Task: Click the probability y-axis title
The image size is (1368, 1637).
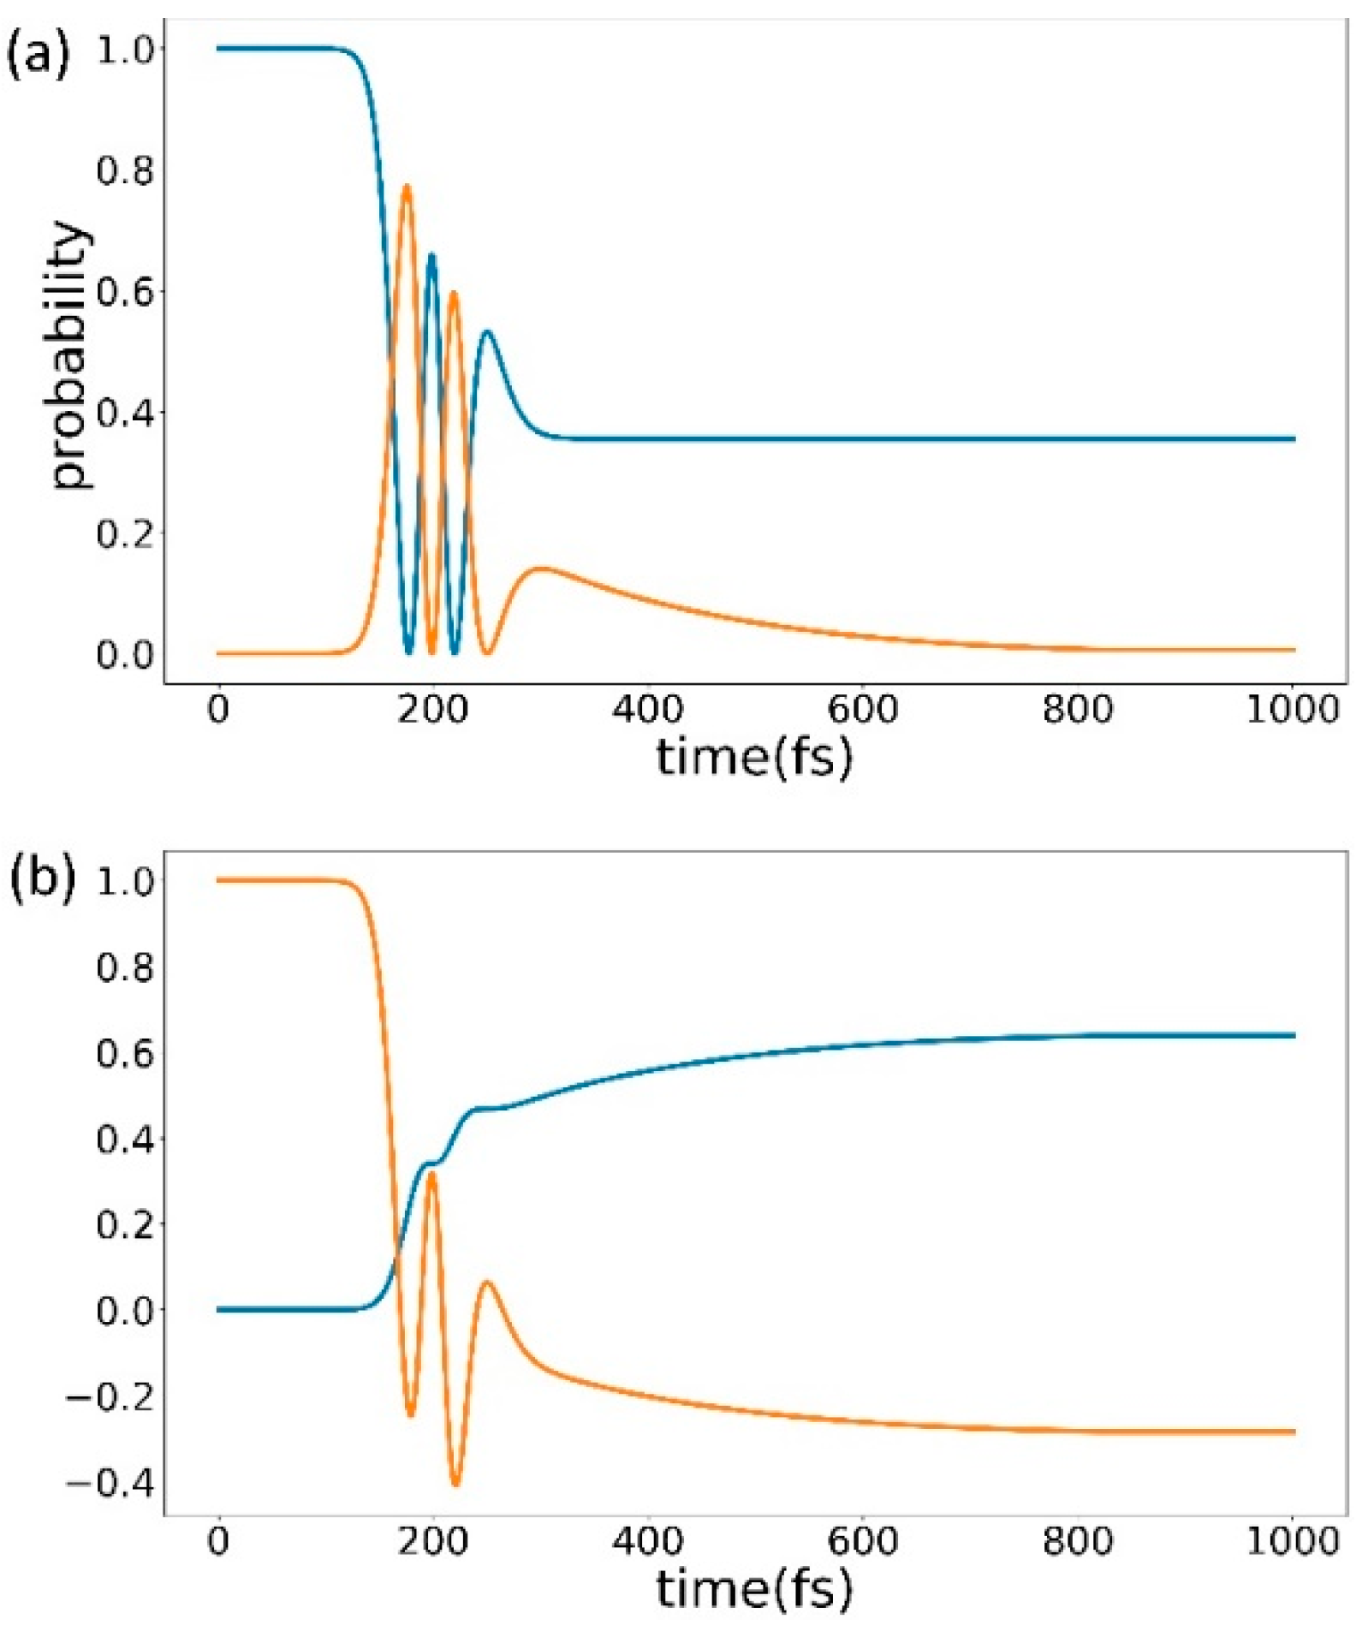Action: pos(70,355)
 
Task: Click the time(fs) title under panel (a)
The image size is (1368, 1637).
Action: pos(753,758)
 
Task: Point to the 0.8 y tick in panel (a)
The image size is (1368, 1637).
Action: pos(124,170)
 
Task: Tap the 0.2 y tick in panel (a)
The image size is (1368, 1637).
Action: pos(124,533)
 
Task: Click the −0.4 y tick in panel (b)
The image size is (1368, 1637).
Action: pos(110,1482)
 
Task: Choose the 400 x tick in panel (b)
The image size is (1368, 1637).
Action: pos(647,1540)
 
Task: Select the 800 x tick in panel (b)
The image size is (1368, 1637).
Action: pos(1077,1540)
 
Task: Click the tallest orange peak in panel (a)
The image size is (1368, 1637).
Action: pos(407,186)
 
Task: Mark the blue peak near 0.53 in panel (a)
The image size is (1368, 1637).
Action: pos(487,331)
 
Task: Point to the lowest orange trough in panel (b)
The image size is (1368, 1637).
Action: pos(455,1484)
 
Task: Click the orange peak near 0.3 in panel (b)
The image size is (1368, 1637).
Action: pos(431,1173)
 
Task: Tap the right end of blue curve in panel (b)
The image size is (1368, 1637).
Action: pos(1293,1035)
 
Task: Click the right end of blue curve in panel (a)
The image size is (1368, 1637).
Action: pos(1293,438)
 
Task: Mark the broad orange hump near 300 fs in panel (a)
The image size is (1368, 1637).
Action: pos(542,568)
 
